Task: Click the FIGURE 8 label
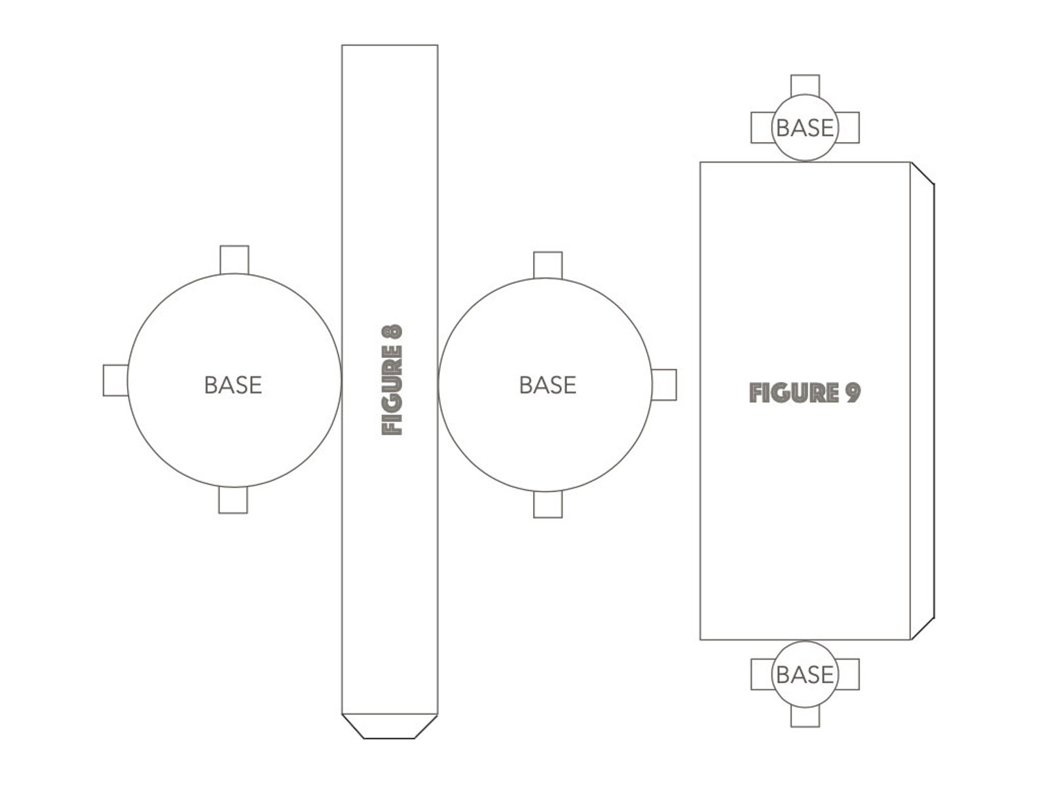click(392, 380)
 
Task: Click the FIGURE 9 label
click(804, 393)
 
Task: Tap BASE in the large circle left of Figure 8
click(233, 385)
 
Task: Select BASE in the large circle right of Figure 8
click(548, 385)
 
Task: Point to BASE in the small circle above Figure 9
click(805, 128)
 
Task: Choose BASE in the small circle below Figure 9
click(805, 675)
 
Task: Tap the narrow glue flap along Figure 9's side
click(922, 400)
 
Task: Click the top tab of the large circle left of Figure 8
click(234, 260)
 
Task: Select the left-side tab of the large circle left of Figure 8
click(116, 380)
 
